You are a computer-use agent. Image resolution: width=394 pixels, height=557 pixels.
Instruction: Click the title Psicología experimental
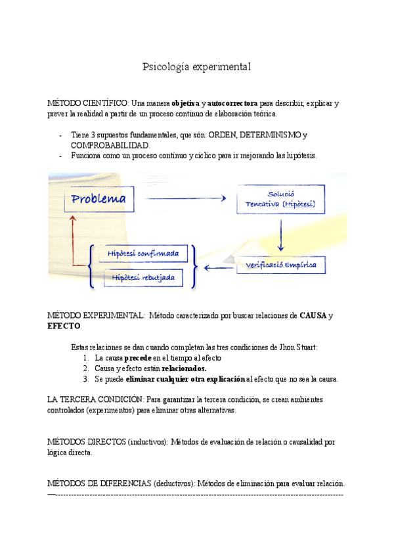pyautogui.click(x=197, y=67)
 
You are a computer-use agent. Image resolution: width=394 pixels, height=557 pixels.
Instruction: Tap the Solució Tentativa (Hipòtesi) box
pyautogui.click(x=280, y=200)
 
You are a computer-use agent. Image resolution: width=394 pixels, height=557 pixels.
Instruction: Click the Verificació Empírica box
pyautogui.click(x=281, y=265)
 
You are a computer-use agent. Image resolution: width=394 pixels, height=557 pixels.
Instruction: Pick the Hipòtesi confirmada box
pyautogui.click(x=142, y=254)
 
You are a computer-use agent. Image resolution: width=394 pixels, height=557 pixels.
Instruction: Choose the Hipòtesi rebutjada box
pyautogui.click(x=142, y=278)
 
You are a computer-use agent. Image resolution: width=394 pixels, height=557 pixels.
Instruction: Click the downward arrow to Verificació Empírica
pyautogui.click(x=281, y=235)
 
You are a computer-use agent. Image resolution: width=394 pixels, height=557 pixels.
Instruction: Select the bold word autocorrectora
pyautogui.click(x=232, y=103)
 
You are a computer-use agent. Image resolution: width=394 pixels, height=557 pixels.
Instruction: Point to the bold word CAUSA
pyautogui.click(x=313, y=316)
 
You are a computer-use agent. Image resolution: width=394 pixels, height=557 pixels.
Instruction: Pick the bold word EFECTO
pyautogui.click(x=64, y=326)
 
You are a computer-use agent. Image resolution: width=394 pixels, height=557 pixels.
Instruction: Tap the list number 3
pyautogui.click(x=85, y=379)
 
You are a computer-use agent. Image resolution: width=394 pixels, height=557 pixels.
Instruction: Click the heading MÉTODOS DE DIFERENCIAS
pyautogui.click(x=98, y=483)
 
